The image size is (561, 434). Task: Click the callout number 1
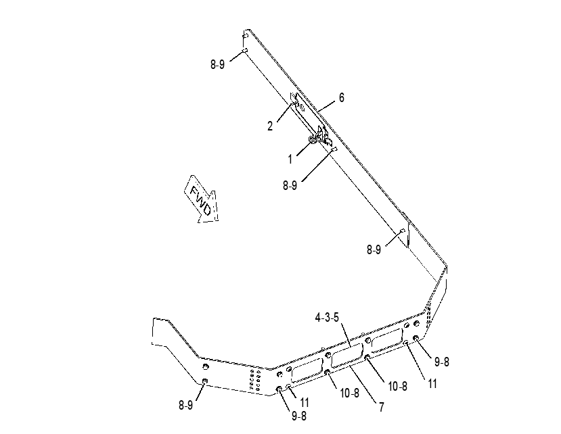tap(290, 159)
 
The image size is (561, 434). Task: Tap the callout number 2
tap(270, 126)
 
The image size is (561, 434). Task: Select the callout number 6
tap(342, 97)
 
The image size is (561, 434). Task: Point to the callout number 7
tap(382, 407)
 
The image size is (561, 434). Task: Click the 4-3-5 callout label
tap(327, 318)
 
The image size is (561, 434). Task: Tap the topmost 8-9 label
tap(217, 64)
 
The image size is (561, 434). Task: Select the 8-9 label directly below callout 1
tap(290, 185)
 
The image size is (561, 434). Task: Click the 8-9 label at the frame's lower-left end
tap(185, 405)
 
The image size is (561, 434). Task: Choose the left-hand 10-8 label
tap(350, 393)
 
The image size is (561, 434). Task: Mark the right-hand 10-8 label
tap(397, 386)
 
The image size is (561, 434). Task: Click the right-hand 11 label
tap(432, 384)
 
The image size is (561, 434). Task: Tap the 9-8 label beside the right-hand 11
tap(441, 362)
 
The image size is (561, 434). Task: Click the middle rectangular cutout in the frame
tap(347, 356)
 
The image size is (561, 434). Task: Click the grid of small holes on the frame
tap(255, 380)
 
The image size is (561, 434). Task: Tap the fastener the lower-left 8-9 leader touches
tap(205, 381)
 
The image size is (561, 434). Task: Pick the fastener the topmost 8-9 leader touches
tap(245, 50)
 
